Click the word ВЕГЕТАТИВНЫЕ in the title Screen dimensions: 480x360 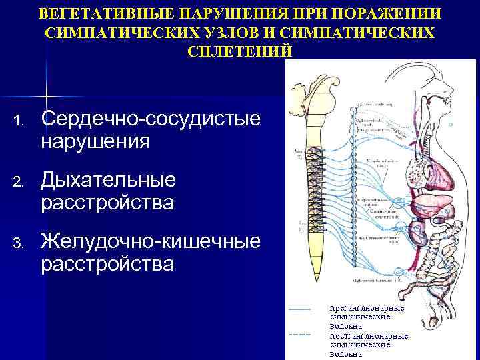click(106, 14)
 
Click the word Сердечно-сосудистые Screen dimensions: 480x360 click(151, 120)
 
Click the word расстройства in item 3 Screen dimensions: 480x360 click(107, 264)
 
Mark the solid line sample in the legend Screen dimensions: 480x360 click(301, 309)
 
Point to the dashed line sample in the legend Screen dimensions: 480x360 click(301, 334)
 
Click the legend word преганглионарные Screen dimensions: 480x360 click(367, 309)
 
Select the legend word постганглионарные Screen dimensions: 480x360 click(369, 336)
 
